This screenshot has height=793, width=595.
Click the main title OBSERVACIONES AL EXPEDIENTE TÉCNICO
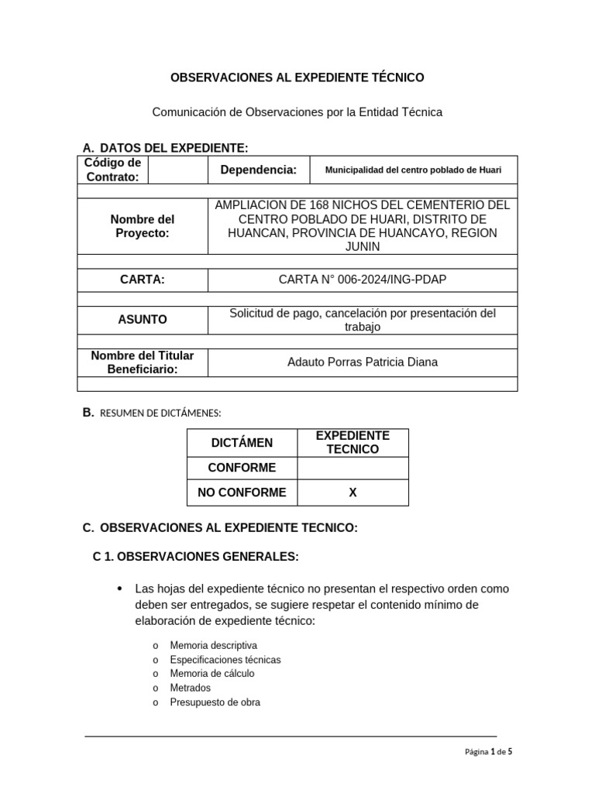297,77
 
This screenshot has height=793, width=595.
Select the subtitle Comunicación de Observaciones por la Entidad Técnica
297,112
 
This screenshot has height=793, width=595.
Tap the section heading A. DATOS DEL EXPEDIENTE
165,148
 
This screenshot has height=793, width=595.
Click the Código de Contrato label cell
112,170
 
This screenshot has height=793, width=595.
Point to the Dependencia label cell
258,170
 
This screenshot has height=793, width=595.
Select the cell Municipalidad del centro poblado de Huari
413,170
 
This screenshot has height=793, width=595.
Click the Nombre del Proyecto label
143,226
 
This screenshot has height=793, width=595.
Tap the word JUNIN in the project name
363,247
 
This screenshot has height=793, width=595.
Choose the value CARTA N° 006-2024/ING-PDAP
363,280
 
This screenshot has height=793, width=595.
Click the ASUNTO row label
143,319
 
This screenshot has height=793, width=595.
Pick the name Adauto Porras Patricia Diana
363,362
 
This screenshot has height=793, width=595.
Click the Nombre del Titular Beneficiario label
143,362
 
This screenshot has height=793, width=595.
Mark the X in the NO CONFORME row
353,493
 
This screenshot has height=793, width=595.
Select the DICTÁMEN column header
242,443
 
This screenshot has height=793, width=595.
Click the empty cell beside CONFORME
353,468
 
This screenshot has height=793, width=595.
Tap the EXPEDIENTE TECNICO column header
353,443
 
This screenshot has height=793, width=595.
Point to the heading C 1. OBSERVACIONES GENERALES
195,557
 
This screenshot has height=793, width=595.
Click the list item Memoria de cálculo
212,674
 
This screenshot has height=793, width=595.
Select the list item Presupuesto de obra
215,702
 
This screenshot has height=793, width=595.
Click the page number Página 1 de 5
488,751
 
